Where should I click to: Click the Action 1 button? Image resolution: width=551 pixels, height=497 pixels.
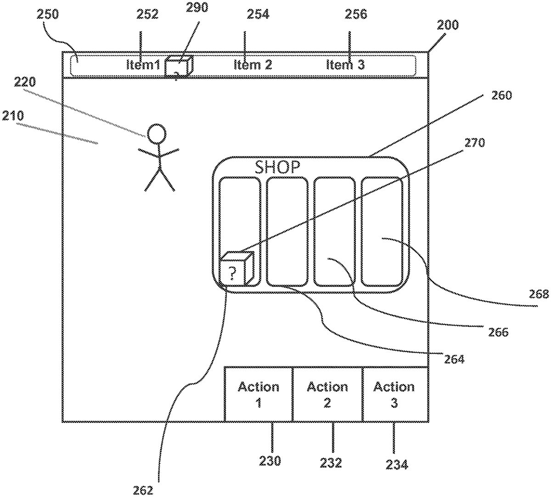click(x=259, y=394)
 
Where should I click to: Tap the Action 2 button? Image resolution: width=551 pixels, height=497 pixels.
click(x=327, y=394)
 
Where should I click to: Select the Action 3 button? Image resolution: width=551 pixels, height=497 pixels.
click(x=395, y=394)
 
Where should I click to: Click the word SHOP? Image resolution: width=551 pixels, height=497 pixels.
click(x=277, y=167)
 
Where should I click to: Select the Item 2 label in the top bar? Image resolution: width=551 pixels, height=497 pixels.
click(x=253, y=65)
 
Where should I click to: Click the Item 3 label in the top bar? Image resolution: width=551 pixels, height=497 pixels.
click(x=345, y=65)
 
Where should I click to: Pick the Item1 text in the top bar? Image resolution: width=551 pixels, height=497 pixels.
click(x=143, y=65)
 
